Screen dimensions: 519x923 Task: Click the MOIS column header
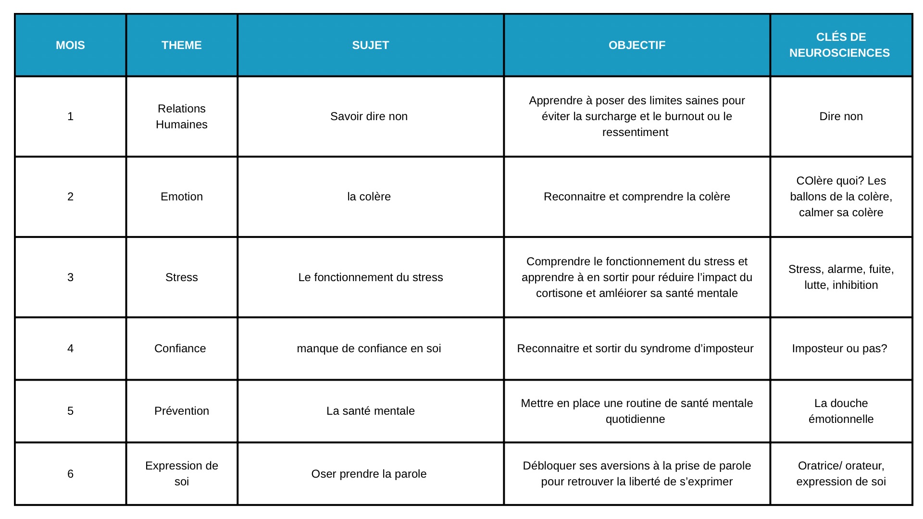(x=70, y=45)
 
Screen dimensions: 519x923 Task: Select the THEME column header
(x=181, y=45)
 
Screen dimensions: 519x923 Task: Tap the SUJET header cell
(x=370, y=45)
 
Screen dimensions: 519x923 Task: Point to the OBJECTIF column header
(x=636, y=45)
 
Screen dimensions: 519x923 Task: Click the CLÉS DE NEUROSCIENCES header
(x=840, y=45)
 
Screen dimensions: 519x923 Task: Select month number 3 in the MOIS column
(x=70, y=277)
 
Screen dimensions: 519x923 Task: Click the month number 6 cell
(x=70, y=474)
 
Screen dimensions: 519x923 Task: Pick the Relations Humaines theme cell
(x=181, y=116)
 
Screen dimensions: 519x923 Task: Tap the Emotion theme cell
(x=181, y=197)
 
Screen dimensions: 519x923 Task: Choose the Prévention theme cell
(x=181, y=411)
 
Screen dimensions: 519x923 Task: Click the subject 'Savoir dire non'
(x=369, y=116)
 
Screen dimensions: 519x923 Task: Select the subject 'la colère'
(x=369, y=197)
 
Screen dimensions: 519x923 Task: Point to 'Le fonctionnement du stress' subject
(x=370, y=277)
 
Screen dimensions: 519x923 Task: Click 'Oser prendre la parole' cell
(x=369, y=474)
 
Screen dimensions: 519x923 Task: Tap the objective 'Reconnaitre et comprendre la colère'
(x=636, y=197)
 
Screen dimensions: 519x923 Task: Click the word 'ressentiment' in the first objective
(x=635, y=132)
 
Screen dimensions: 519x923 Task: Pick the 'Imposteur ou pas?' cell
(x=839, y=348)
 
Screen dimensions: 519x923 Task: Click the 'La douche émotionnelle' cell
(x=841, y=411)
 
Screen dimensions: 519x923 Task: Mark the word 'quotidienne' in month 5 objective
(x=635, y=419)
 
